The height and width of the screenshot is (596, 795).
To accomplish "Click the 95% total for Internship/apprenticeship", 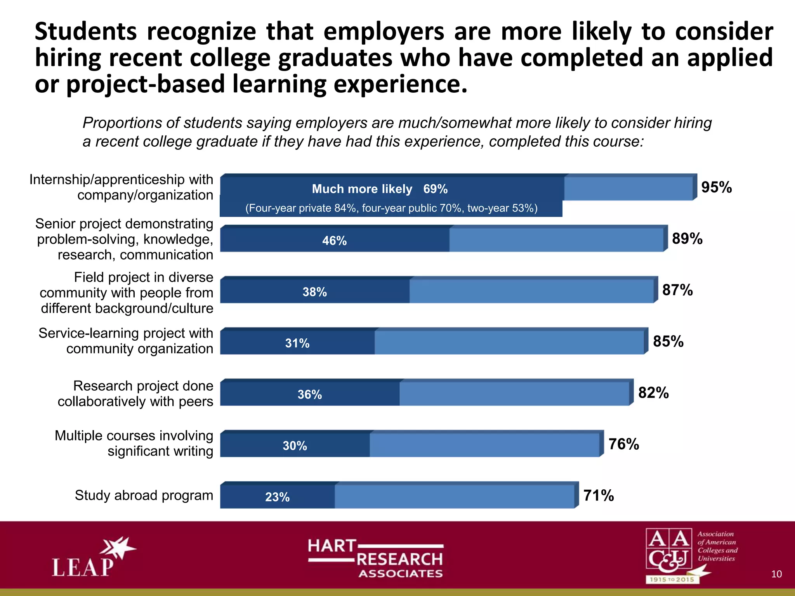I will (x=716, y=187).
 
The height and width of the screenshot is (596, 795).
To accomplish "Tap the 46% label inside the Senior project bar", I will (x=334, y=241).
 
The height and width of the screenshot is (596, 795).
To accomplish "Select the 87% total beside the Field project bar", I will (x=677, y=290).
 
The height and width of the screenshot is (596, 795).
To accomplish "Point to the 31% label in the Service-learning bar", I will (x=297, y=343).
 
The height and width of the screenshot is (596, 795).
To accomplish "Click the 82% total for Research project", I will (x=653, y=393).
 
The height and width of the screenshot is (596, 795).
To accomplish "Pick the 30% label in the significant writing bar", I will (x=295, y=445).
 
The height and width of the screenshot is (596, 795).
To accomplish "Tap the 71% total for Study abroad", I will (x=598, y=496).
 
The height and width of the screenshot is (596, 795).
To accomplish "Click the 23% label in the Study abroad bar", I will (x=277, y=497).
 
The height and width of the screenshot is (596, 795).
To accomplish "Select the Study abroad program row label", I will (x=144, y=496).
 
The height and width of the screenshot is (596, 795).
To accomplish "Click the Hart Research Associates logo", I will (x=376, y=558).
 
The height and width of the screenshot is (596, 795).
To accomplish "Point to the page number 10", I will (x=776, y=574).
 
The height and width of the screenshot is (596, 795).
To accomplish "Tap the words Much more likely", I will (x=362, y=189).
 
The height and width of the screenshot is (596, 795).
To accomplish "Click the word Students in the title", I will (x=86, y=31).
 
